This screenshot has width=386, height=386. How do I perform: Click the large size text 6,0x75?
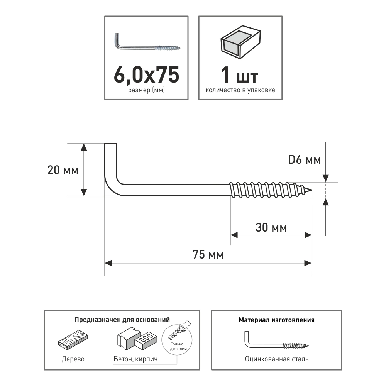(x=146, y=74)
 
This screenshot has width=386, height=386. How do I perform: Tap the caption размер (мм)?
(x=146, y=90)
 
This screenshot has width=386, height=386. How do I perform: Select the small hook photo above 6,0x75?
(x=147, y=42)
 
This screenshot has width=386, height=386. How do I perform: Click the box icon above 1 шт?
(x=240, y=42)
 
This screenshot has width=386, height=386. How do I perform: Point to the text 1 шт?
(x=240, y=75)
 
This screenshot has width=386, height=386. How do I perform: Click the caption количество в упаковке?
(x=240, y=90)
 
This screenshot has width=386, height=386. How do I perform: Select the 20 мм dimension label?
(x=63, y=170)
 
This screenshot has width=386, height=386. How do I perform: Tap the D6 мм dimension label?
(x=305, y=160)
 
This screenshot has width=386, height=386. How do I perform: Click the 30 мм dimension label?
(x=271, y=227)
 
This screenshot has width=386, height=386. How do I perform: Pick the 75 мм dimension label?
(x=208, y=254)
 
